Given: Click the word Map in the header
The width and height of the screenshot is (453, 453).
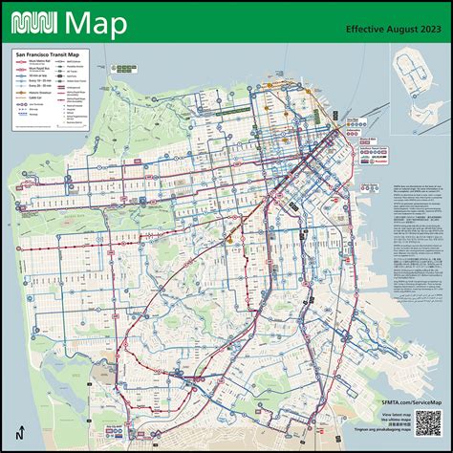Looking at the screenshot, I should (96, 22).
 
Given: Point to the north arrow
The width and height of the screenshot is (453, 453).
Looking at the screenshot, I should (21, 431).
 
